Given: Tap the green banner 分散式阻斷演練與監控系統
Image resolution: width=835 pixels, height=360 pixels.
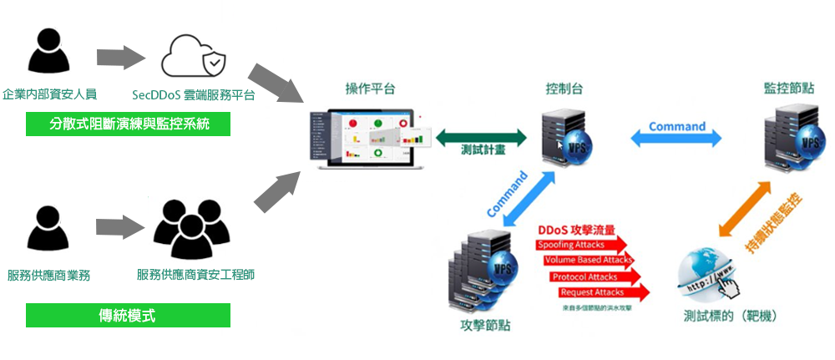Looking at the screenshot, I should click(x=128, y=124).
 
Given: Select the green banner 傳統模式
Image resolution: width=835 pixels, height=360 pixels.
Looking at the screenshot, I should click(x=128, y=316).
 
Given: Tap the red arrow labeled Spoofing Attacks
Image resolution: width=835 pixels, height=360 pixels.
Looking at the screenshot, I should click(x=581, y=245).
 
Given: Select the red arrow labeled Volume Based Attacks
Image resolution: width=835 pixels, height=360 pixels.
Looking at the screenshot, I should click(x=590, y=261).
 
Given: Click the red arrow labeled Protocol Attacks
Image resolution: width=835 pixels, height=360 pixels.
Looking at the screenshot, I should click(x=595, y=276).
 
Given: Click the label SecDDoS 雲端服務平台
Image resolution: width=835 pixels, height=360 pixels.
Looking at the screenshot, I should click(x=194, y=95).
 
